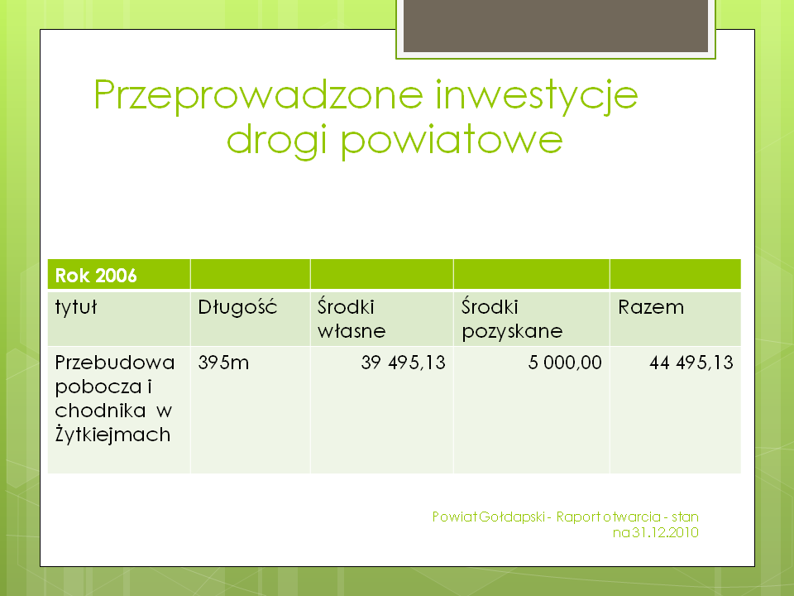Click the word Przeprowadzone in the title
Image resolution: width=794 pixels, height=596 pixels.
click(258, 96)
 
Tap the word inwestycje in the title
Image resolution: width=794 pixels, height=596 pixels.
click(537, 96)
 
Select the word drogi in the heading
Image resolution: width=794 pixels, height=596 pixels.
click(276, 140)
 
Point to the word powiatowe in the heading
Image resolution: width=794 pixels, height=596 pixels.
click(452, 140)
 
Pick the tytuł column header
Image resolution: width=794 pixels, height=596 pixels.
click(75, 307)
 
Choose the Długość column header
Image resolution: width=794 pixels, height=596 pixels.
click(237, 307)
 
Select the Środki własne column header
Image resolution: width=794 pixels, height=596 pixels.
click(352, 319)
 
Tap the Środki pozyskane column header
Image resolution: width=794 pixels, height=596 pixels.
click(512, 319)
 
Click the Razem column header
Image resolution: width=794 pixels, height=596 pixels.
click(651, 307)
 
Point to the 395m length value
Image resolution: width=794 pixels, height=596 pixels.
click(223, 363)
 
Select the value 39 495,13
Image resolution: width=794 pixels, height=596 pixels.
click(403, 363)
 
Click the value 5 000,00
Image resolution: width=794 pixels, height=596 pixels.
click(565, 363)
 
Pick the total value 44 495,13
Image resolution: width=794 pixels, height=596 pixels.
click(691, 363)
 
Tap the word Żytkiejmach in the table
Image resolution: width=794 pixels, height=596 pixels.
click(112, 435)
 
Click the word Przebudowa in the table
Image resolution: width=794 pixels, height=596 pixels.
click(115, 363)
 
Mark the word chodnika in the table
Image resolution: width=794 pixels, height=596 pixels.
click(100, 411)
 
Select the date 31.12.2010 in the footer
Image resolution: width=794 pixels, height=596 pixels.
click(665, 532)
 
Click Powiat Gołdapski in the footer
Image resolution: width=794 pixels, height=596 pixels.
click(489, 517)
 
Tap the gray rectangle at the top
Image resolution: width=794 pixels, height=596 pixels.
click(556, 26)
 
